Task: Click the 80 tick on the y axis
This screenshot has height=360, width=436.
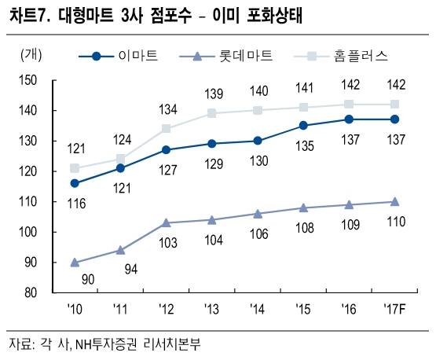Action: (x=30, y=292)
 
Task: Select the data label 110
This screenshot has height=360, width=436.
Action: (x=395, y=221)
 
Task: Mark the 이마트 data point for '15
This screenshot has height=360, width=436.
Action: (x=303, y=125)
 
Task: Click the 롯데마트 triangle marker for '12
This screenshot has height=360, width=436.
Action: (x=167, y=223)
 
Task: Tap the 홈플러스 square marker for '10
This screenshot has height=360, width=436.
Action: (x=75, y=167)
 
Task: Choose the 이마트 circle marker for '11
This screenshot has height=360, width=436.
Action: (x=120, y=167)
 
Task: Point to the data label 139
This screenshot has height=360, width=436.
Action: (x=212, y=94)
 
